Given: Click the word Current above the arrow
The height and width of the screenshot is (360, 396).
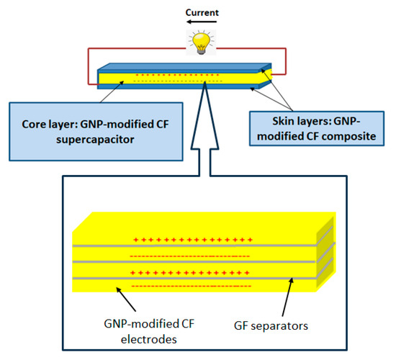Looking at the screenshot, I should [198, 12].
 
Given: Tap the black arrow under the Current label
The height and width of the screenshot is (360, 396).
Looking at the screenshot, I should [197, 23].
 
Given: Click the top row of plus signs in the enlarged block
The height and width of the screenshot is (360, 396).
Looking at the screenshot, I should [192, 238].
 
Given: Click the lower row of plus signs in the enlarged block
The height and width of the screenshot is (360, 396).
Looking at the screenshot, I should [192, 272].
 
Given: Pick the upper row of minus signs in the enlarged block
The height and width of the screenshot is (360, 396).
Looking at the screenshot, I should [189, 255].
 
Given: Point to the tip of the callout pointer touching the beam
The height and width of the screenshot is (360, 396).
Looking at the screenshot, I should [207, 85].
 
